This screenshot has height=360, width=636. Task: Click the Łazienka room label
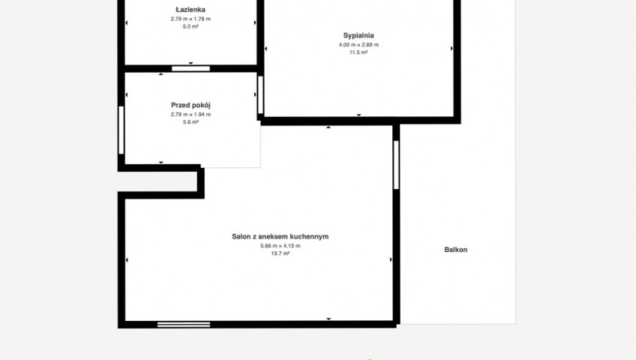190,10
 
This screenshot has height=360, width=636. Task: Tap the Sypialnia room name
358,36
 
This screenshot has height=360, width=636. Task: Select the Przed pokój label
190,106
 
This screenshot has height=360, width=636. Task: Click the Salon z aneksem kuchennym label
280,236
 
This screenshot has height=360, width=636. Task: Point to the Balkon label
456,250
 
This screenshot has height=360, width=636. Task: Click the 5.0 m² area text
190,27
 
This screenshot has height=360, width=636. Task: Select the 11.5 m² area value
358,52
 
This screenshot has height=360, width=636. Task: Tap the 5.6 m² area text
190,122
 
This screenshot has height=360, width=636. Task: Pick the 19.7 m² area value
280,253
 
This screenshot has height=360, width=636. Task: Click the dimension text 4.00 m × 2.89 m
358,45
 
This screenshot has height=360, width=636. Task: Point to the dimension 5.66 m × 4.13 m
280,246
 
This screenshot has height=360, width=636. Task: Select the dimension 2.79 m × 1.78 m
190,19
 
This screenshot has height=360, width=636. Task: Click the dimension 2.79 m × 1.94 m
190,115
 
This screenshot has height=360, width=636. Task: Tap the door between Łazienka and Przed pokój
190,68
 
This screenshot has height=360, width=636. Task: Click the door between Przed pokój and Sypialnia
260,94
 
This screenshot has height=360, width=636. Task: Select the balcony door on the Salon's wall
396,164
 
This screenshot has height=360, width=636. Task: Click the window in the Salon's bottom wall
184,325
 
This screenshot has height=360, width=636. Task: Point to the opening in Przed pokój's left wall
121,130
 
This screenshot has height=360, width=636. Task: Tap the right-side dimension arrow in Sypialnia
451,48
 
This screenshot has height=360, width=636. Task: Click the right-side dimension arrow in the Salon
391,259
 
